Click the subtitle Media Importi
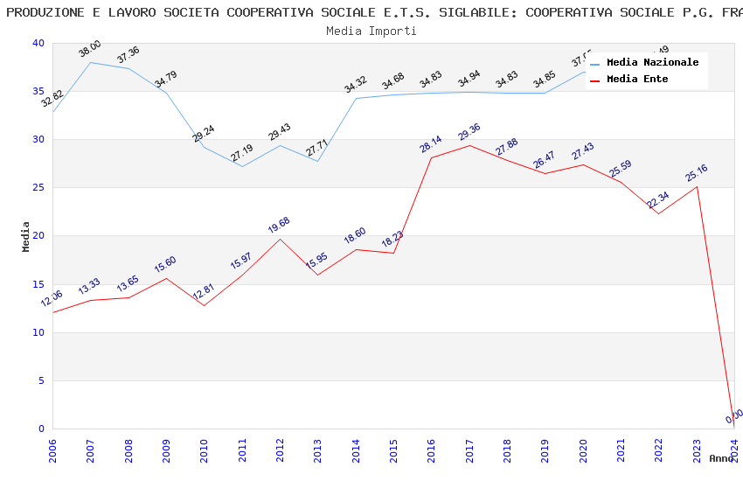tap(371, 31)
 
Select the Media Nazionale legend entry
tap(652, 63)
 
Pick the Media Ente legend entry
tap(637, 80)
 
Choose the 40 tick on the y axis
tap(37, 44)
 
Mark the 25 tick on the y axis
tap(37, 188)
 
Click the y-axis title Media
tap(26, 236)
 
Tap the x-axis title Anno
tap(721, 458)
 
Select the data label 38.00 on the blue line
tap(90, 50)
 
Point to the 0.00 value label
tap(734, 416)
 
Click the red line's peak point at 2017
tap(469, 145)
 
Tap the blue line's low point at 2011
tap(242, 166)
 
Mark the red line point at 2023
tap(697, 186)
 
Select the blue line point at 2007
tap(90, 62)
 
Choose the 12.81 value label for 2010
tap(204, 292)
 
